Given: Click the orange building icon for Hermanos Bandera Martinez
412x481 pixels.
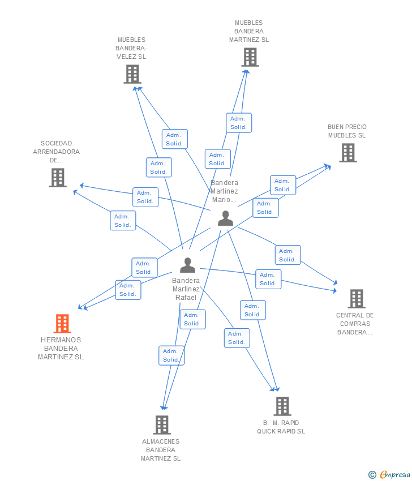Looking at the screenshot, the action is [x=62, y=323].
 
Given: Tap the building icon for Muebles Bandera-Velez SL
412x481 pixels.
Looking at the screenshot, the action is [x=132, y=74].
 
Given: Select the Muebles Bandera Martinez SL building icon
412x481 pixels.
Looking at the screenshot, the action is [x=250, y=57].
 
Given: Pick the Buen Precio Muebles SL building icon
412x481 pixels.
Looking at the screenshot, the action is [x=348, y=153].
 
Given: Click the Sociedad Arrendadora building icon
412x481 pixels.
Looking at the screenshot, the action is [x=58, y=178].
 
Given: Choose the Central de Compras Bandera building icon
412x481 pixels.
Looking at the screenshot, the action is [x=357, y=298].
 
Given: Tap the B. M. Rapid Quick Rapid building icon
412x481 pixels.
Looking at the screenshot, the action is [x=282, y=406].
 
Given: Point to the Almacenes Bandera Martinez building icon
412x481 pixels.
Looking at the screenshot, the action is [x=162, y=425].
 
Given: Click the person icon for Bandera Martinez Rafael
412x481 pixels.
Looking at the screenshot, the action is [x=187, y=265].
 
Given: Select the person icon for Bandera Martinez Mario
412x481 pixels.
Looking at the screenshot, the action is [x=225, y=218].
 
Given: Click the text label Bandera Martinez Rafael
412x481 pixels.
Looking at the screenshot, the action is [x=186, y=289].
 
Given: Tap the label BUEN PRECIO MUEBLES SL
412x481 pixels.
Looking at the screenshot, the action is [x=347, y=131].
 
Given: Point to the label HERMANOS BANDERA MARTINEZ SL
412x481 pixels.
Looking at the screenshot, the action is [x=61, y=349].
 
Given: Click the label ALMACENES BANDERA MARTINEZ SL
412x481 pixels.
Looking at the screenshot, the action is [x=161, y=450].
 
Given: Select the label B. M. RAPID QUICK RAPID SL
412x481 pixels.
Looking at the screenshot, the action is [x=281, y=427].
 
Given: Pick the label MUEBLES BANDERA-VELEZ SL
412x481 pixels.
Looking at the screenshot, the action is [x=131, y=48].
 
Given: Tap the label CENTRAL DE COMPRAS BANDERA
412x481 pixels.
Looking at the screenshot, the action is [x=355, y=324].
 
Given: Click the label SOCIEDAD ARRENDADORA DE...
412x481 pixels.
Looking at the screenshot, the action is [x=56, y=152].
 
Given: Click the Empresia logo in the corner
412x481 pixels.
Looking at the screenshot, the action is [x=395, y=474].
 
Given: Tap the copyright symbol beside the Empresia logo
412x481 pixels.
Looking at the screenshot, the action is [x=372, y=475].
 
